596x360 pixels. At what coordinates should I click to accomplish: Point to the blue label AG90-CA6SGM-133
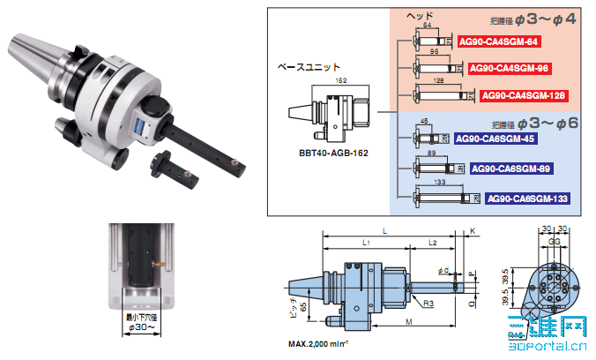point(527,199)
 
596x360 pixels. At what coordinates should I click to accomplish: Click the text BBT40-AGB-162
point(333,153)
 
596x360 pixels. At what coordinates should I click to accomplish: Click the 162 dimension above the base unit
point(341,80)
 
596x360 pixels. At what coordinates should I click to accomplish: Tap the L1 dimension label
point(365,242)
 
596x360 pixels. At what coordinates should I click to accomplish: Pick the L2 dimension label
point(432,242)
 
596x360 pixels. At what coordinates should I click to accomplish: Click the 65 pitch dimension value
point(304,309)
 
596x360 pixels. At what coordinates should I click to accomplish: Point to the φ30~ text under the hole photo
point(141,327)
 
